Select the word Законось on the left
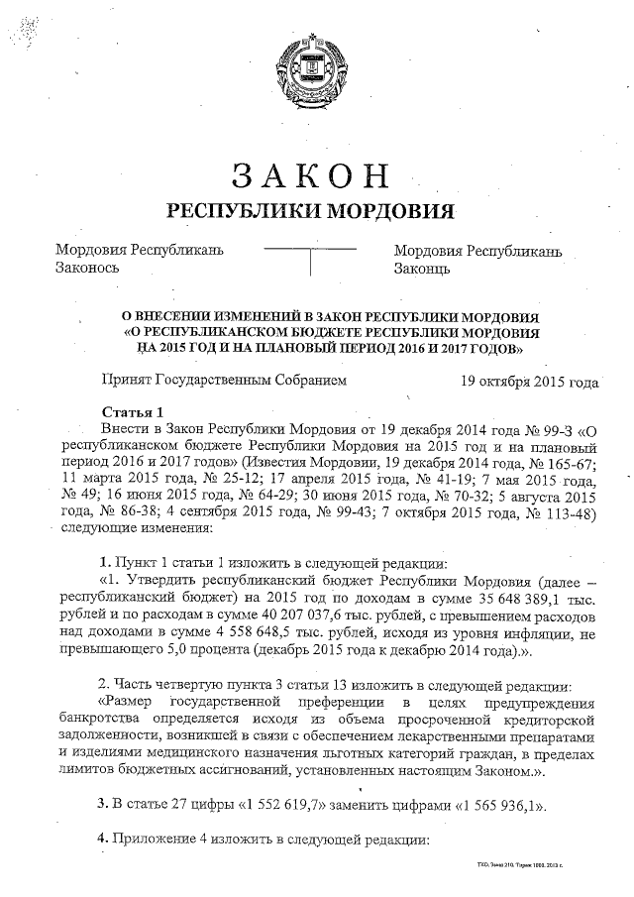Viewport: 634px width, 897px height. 87,269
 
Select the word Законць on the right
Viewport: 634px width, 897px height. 422,269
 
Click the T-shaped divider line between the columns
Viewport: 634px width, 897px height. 311,256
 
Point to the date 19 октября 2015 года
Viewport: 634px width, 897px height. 530,382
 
